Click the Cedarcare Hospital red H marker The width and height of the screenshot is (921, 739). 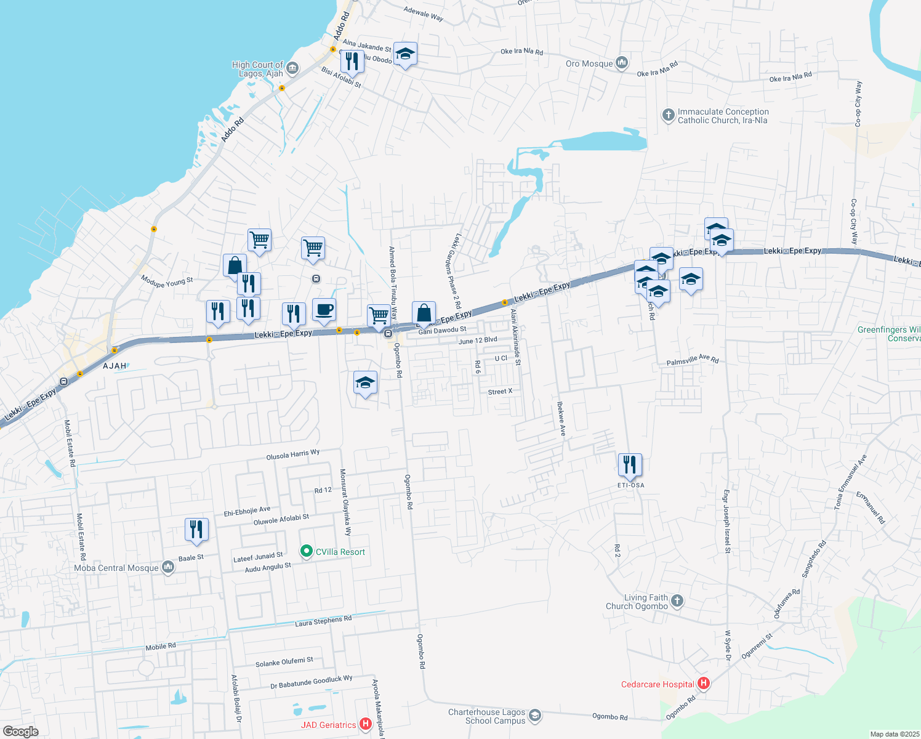704,683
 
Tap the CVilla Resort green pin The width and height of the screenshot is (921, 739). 307,551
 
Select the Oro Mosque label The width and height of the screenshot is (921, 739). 589,63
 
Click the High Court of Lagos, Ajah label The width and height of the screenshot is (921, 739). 257,69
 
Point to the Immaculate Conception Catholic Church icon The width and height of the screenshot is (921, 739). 668,115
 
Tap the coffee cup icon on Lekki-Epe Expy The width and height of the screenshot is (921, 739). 324,310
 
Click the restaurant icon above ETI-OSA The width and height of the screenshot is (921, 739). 629,464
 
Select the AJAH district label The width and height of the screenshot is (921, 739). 115,366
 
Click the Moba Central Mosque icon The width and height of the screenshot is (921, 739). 168,568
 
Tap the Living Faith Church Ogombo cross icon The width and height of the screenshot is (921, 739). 677,600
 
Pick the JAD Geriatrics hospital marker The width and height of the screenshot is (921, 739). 365,724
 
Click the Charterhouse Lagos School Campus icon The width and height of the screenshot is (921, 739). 535,716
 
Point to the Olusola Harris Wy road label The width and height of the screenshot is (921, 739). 293,454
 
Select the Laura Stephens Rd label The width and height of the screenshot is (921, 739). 323,621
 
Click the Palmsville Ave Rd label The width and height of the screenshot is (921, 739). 693,360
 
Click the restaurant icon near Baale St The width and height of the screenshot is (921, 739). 196,529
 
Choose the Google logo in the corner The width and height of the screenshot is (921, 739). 21,731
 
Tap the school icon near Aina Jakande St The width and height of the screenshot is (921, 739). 405,54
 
